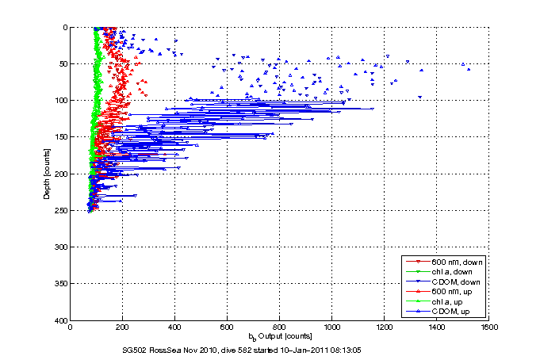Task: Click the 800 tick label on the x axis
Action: tap(279, 326)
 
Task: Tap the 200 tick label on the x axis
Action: tap(123, 326)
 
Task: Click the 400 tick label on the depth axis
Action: tap(60, 320)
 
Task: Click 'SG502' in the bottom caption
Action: tap(136, 349)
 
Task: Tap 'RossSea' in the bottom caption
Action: tap(169, 349)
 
